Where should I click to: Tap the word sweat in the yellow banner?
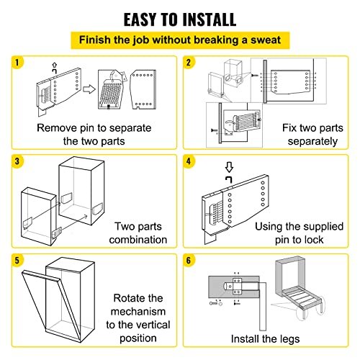pos(266,40)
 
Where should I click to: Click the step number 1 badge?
pos(17,63)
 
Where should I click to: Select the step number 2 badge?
pos(189,63)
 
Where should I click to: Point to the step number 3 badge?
pos(17,161)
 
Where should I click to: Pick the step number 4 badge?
pos(189,161)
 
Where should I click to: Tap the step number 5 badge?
pos(17,261)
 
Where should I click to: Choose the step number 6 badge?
pos(189,261)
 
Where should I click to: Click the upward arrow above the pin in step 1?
pos(55,65)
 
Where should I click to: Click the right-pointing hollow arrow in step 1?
pos(89,89)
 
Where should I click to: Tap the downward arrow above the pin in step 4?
pos(229,167)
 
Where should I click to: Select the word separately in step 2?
pos(312,141)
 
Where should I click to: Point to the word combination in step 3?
pos(138,240)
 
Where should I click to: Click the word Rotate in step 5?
pos(138,298)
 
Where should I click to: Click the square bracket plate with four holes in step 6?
pos(237,287)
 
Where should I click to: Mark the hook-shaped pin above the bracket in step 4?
pos(229,179)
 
